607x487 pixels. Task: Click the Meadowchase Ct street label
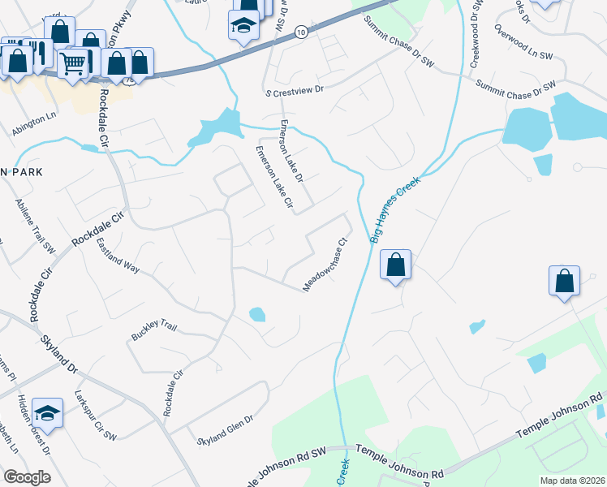point(325,264)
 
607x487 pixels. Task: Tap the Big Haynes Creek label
point(395,210)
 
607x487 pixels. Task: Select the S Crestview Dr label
point(294,93)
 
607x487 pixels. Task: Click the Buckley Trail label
point(154,331)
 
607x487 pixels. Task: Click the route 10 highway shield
point(301,32)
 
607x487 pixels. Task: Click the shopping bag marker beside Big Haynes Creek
point(395,265)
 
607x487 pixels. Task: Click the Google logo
point(26,476)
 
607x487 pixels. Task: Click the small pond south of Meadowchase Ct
point(256,313)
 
